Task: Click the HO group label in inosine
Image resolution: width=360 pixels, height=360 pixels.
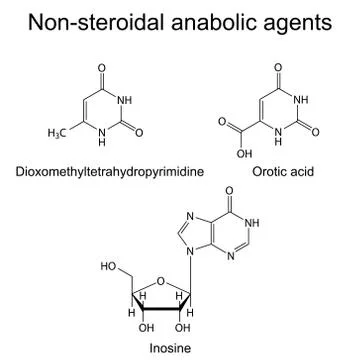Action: [x=109, y=268]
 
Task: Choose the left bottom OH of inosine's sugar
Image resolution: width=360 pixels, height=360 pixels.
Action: [x=147, y=326]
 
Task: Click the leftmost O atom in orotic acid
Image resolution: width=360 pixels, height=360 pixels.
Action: [x=220, y=125]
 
